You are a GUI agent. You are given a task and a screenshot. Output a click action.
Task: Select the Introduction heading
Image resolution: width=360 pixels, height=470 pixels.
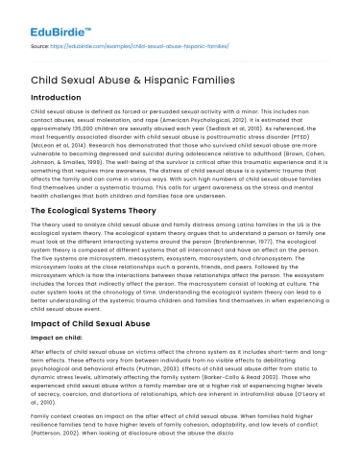56,99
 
